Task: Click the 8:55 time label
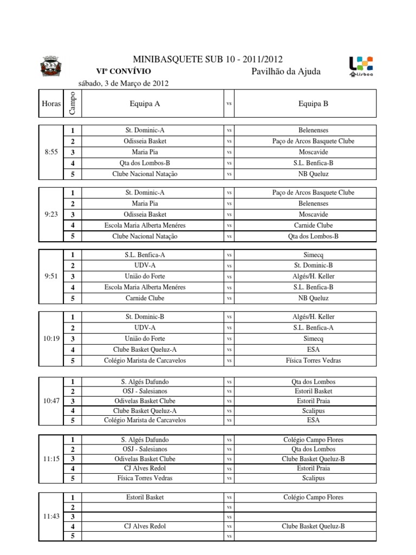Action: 50,152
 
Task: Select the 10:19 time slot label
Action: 50,339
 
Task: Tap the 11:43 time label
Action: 50,517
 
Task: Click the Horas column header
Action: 50,103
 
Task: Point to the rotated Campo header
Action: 72,103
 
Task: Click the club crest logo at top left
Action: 52,66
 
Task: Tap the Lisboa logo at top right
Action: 361,66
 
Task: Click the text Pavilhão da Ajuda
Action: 286,72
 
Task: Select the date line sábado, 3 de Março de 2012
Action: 123,83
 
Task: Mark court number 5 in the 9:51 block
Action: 72,299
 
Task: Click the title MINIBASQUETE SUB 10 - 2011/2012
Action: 207,60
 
